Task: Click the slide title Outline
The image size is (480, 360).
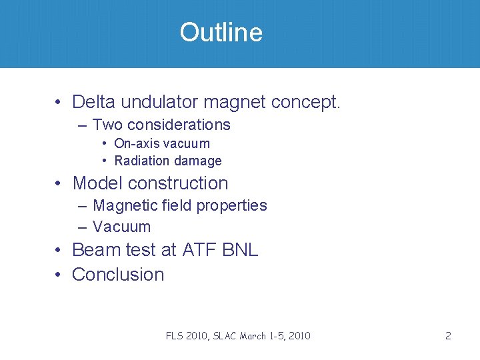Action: coord(221,33)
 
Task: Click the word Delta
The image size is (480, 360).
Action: coord(93,102)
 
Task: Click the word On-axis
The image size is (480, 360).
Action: coord(136,143)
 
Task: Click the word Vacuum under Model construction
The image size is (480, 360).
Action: coord(121,227)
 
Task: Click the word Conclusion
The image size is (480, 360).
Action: coord(117,274)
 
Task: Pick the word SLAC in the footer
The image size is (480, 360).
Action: coord(231,336)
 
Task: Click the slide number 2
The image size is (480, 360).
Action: coord(448,336)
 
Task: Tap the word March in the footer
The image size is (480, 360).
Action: coord(266,336)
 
